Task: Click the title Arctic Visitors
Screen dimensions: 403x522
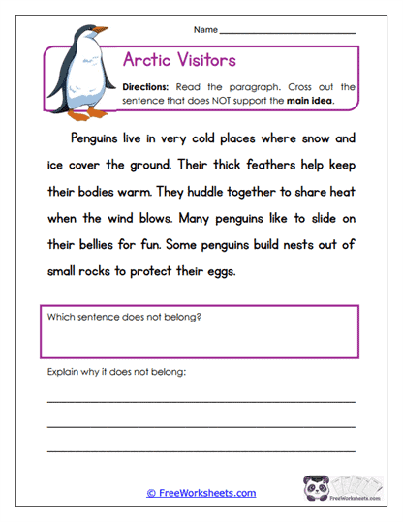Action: (179, 60)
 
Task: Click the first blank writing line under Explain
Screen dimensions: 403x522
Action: (201, 399)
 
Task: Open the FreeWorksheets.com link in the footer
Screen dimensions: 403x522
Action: (201, 493)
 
